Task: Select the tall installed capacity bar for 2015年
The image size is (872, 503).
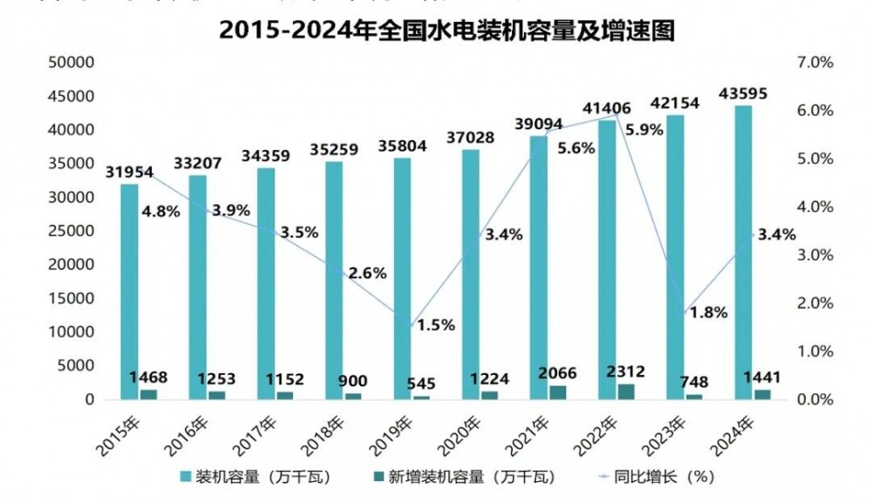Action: click(x=129, y=291)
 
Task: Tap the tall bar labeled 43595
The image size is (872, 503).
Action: click(x=743, y=252)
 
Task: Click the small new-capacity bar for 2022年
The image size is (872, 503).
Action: click(x=625, y=391)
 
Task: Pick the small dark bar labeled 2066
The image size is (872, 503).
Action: click(x=557, y=392)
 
